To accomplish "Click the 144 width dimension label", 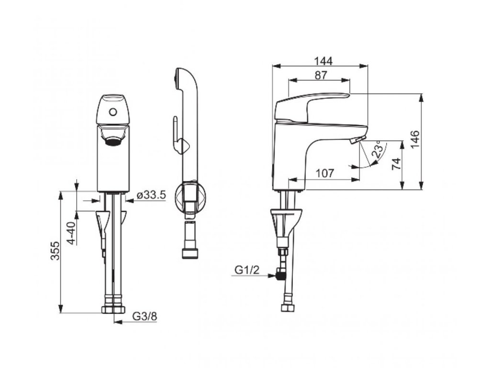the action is [x=323, y=61].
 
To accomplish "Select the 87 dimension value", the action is [x=321, y=75].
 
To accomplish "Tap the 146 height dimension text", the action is [x=414, y=140].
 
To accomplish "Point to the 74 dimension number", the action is [x=396, y=164].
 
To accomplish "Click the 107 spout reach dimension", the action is [x=325, y=173].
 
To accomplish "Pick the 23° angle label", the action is [x=378, y=149].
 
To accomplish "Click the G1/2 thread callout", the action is [x=247, y=270].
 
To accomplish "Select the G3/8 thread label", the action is [x=145, y=316].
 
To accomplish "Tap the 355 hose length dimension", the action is [x=56, y=250].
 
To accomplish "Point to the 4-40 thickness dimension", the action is [x=72, y=233].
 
